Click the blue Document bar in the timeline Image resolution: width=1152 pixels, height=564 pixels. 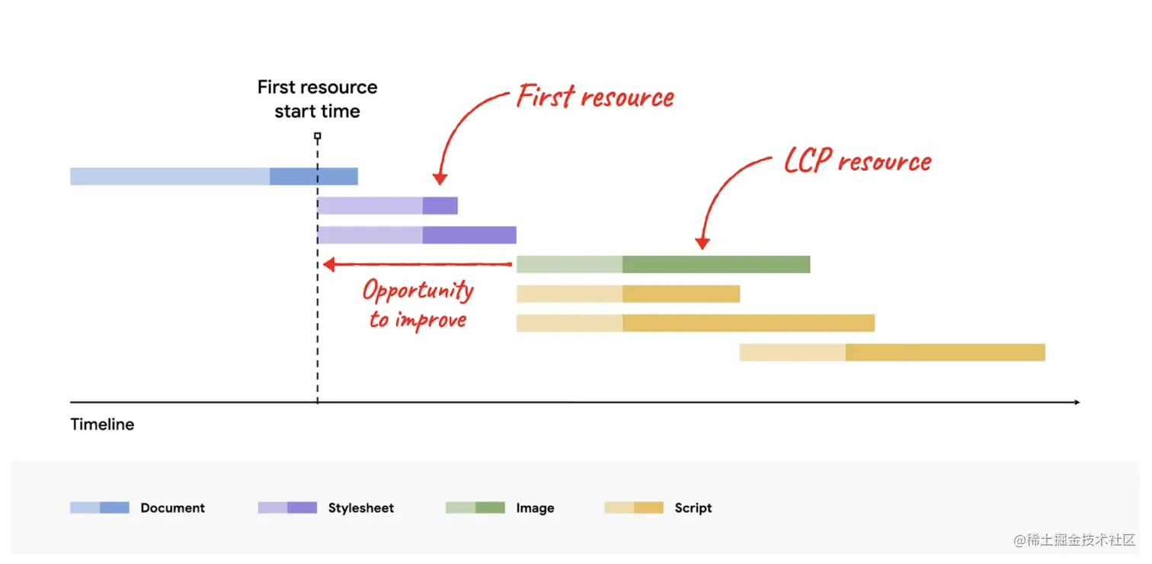point(213,177)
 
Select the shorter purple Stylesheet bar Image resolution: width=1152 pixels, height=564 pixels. point(387,206)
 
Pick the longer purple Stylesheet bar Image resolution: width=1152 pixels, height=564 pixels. point(417,235)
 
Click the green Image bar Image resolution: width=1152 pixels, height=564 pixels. point(663,264)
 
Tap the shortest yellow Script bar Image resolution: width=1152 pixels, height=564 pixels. point(628,294)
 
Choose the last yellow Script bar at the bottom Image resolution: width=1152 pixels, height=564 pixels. point(891,352)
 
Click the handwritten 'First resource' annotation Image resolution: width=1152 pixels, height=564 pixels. point(595,97)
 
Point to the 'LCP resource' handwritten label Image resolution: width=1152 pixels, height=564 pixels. point(858,161)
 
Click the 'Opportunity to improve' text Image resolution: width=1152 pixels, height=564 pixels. point(418,304)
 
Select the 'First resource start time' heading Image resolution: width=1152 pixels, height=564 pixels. point(317,99)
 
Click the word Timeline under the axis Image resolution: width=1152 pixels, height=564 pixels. point(102,425)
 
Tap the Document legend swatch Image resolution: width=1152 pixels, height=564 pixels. point(99,508)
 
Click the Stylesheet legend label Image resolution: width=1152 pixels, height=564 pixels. point(361,508)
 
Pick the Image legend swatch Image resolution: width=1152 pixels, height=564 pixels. point(475,508)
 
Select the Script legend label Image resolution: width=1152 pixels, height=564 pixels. point(693,508)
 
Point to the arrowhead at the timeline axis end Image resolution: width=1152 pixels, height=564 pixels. point(1076,402)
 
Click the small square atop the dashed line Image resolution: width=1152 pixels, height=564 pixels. point(318,137)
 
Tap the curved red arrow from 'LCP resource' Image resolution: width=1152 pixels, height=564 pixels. point(724,198)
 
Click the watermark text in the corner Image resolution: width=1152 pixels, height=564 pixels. point(1074,540)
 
